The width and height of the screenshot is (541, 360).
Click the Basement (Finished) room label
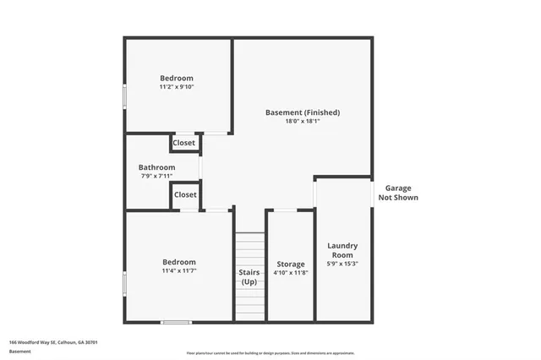(302, 112)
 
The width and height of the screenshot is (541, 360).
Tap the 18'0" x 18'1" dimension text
(302, 121)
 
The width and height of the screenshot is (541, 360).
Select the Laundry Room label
(342, 250)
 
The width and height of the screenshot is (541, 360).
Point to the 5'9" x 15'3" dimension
(342, 264)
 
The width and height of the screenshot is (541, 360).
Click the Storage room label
(290, 264)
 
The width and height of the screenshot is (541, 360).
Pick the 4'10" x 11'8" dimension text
(290, 273)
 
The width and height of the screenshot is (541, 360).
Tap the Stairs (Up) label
(249, 277)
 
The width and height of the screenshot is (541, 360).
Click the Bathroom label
(156, 166)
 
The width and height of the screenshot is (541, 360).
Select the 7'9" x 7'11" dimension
(156, 176)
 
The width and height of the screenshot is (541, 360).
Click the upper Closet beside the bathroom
(183, 143)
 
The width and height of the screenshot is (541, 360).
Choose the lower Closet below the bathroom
(184, 194)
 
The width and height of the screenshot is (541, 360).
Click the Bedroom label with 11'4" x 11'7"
(178, 262)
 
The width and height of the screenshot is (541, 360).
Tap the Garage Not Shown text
(402, 193)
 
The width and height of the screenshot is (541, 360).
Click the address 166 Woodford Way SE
(53, 342)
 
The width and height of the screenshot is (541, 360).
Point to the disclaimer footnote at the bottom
(270, 352)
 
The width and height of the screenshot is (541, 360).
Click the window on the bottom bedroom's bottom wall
(176, 321)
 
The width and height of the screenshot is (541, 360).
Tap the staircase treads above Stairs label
(249, 249)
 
